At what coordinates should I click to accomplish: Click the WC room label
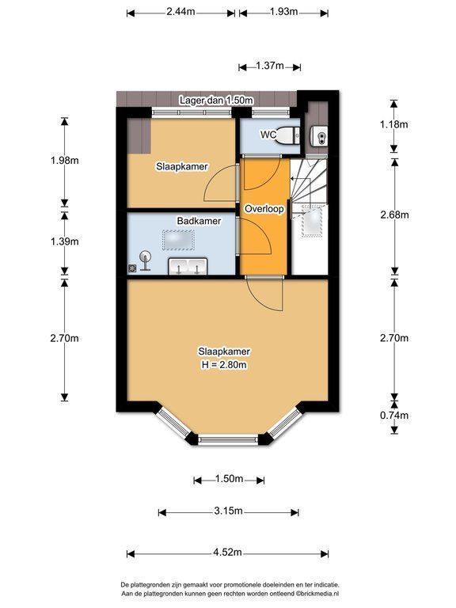point(268,135)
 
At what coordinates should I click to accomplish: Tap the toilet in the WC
point(287,135)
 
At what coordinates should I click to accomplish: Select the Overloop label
point(264,209)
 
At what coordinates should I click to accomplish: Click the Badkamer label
point(199,221)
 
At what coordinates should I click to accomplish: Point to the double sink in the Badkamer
point(188,266)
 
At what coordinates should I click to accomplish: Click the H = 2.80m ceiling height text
point(224,365)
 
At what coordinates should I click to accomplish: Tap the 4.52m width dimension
point(227,552)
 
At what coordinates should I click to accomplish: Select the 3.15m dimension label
point(228,511)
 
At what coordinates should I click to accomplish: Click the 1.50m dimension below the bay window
point(229,479)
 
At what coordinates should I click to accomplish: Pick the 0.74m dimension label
point(394,416)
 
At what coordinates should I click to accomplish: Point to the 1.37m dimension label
point(270,66)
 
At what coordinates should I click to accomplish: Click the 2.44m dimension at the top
point(180,11)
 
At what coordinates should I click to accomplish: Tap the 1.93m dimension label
point(284,11)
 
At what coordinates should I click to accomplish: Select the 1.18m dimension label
point(394,124)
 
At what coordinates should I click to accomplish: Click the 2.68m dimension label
point(394,215)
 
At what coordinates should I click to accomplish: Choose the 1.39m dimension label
point(64,241)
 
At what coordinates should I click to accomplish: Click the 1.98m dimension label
point(64,160)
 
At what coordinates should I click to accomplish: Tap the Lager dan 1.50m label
point(216,101)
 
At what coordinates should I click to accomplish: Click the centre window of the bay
point(228,439)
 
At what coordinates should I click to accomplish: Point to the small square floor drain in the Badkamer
point(133,268)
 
